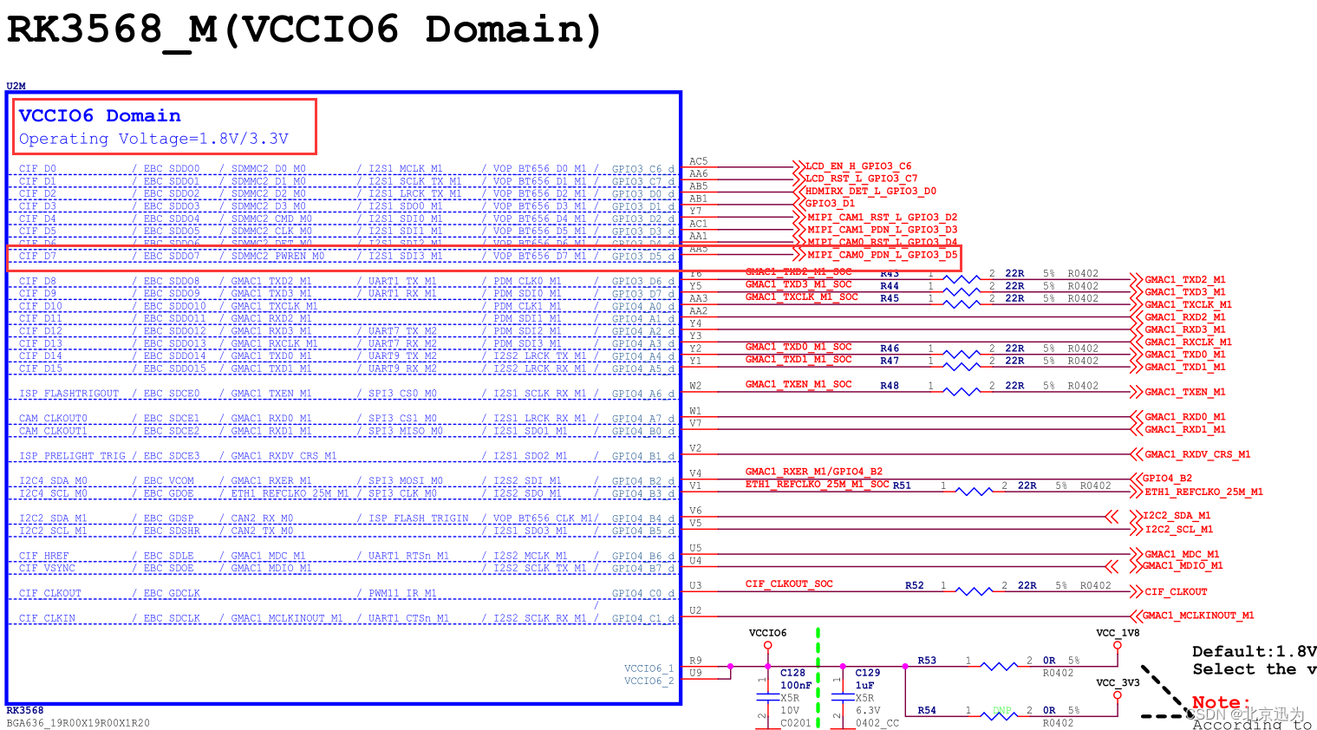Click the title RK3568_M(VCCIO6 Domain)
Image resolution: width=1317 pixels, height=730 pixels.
[x=303, y=29]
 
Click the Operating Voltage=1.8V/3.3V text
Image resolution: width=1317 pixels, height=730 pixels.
[x=153, y=139]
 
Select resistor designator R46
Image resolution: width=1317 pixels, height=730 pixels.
[x=890, y=349]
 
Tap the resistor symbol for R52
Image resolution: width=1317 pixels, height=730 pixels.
[x=974, y=590]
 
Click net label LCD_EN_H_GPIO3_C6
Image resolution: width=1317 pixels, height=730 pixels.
[x=857, y=166]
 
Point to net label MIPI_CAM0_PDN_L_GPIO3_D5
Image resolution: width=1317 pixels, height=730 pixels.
[x=882, y=255]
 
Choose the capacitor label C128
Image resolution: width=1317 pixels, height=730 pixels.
[x=792, y=673]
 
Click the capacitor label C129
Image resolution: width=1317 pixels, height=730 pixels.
[x=867, y=673]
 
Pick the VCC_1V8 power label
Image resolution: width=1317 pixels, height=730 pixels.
[x=1118, y=633]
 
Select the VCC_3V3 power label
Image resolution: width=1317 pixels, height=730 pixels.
[x=1118, y=683]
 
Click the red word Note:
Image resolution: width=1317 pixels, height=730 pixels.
[x=1221, y=702]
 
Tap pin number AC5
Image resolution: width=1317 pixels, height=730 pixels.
[x=698, y=161]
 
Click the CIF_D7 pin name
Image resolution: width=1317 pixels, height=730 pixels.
[x=37, y=257]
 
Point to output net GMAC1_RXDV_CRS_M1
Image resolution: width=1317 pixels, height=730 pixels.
[x=1196, y=454]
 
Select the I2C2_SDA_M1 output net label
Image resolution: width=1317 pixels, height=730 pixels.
[x=1177, y=516]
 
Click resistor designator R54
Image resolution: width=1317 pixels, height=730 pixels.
[x=927, y=710]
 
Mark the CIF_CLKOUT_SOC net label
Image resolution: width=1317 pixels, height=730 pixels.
[x=788, y=584]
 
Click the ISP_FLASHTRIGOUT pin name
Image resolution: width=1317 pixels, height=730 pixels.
[x=68, y=394]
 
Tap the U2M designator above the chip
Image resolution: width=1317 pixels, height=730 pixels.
[x=16, y=86]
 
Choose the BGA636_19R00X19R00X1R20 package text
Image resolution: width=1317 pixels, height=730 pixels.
[x=78, y=723]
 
